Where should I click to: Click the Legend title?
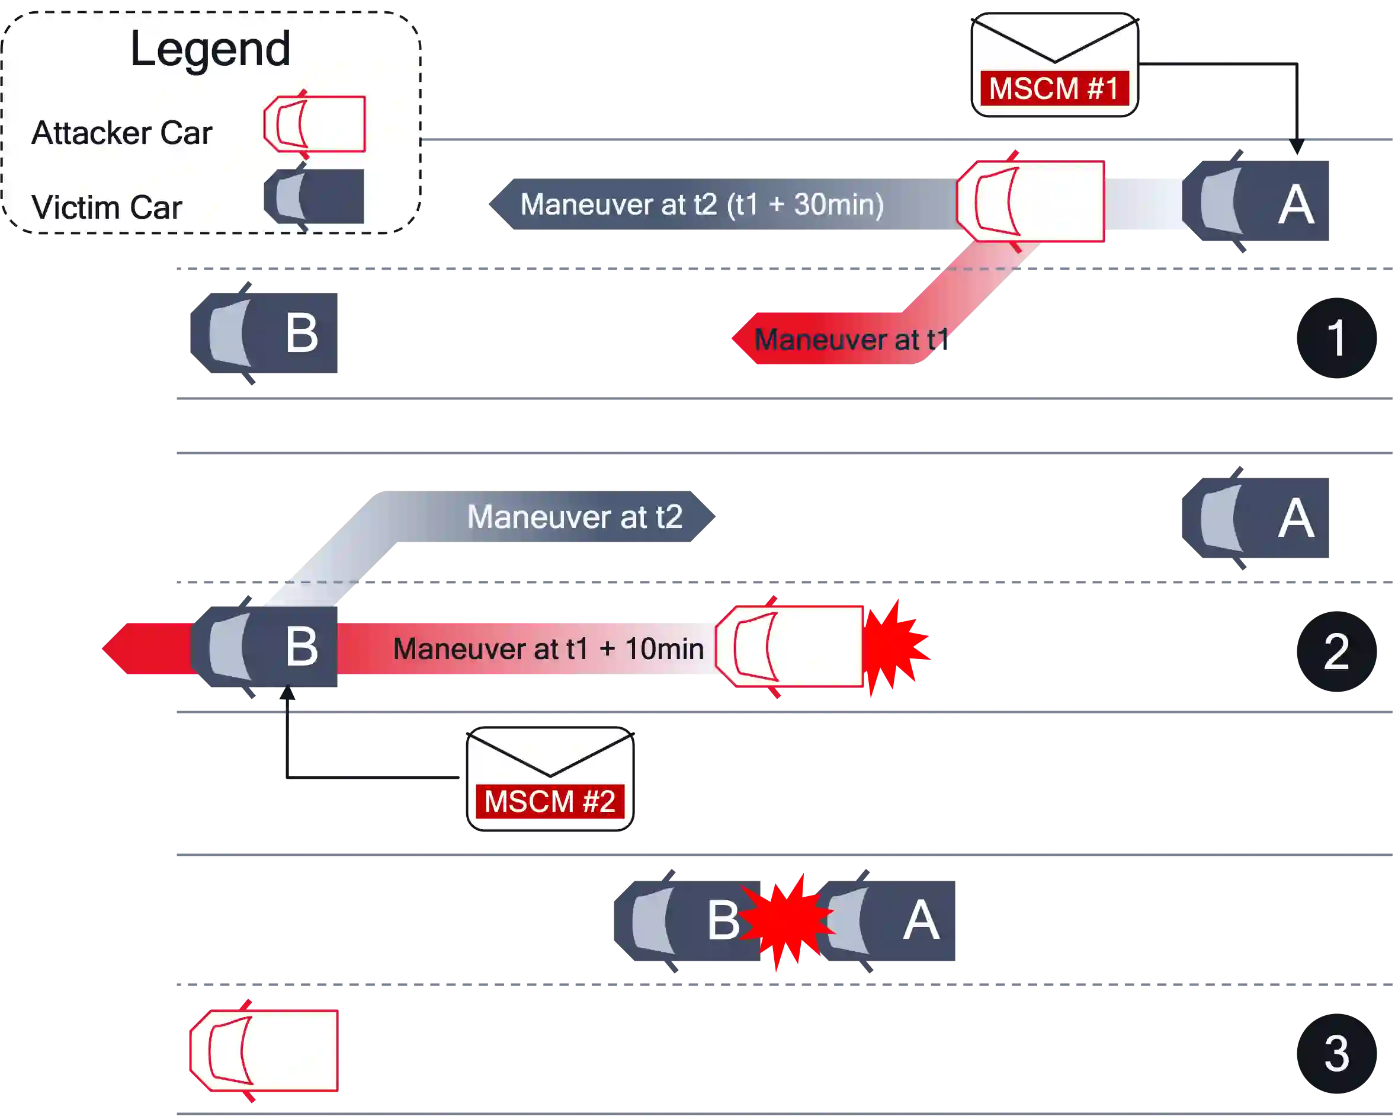tap(210, 49)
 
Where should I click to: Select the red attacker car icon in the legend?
tap(315, 124)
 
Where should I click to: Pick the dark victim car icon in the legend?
tap(315, 197)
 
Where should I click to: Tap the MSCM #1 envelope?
tap(1054, 65)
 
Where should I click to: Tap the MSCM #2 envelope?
tap(550, 779)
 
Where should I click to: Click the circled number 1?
tap(1336, 337)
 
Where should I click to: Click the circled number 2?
tap(1336, 651)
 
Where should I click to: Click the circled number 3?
tap(1336, 1053)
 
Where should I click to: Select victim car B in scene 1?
tap(266, 332)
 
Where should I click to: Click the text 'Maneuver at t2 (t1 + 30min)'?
tap(702, 204)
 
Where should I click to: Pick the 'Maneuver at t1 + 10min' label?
tap(548, 648)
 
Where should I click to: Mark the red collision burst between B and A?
tap(787, 920)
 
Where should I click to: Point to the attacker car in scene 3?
tap(264, 1050)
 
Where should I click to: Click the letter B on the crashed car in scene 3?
tap(723, 920)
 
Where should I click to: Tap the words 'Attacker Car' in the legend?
tap(121, 133)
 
